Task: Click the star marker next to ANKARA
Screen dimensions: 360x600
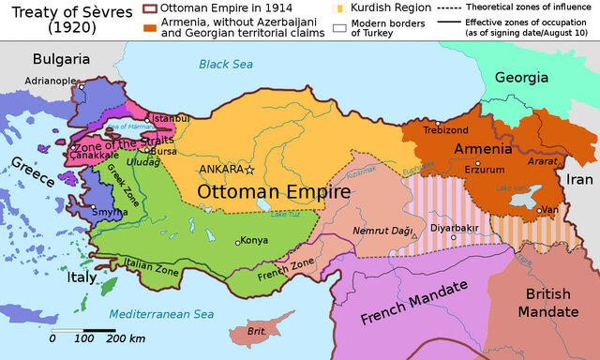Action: [249, 170]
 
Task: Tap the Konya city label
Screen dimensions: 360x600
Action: [254, 240]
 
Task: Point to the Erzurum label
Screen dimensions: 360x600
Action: [485, 170]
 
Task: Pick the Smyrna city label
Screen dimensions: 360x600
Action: [112, 212]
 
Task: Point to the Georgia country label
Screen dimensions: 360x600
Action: [520, 78]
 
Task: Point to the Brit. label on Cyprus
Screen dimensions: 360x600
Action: [256, 331]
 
